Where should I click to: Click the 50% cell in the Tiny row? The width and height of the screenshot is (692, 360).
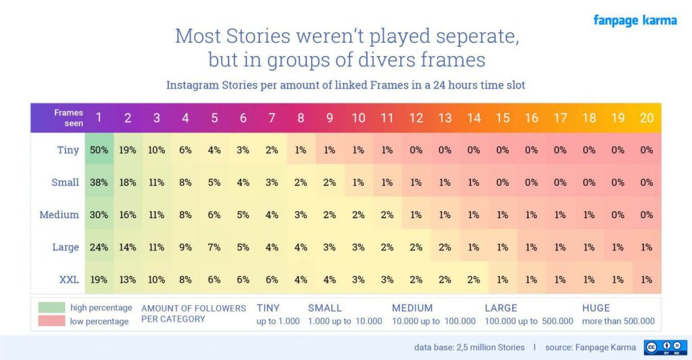click(x=99, y=150)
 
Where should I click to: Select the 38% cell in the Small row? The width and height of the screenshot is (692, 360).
click(x=99, y=182)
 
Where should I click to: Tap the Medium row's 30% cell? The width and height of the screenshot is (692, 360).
click(x=99, y=215)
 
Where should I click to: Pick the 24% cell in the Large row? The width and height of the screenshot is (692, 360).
click(x=99, y=247)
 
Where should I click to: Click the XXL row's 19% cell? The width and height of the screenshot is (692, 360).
click(x=99, y=279)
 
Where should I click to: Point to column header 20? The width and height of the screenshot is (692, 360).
click(x=647, y=118)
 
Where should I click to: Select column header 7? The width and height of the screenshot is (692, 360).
click(x=272, y=118)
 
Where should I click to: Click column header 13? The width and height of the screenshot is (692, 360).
click(x=445, y=118)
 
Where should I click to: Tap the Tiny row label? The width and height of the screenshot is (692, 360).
click(x=67, y=150)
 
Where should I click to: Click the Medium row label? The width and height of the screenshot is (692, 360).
click(x=59, y=215)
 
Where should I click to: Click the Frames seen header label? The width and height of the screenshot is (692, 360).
click(x=69, y=118)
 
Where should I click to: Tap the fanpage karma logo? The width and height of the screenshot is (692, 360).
click(x=635, y=20)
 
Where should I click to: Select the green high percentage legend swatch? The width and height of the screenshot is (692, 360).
click(x=51, y=307)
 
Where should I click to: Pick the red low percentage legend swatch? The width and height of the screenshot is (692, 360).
click(x=51, y=321)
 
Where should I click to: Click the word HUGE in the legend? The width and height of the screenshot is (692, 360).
click(x=596, y=308)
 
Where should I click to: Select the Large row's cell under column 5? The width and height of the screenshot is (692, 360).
click(x=214, y=247)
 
